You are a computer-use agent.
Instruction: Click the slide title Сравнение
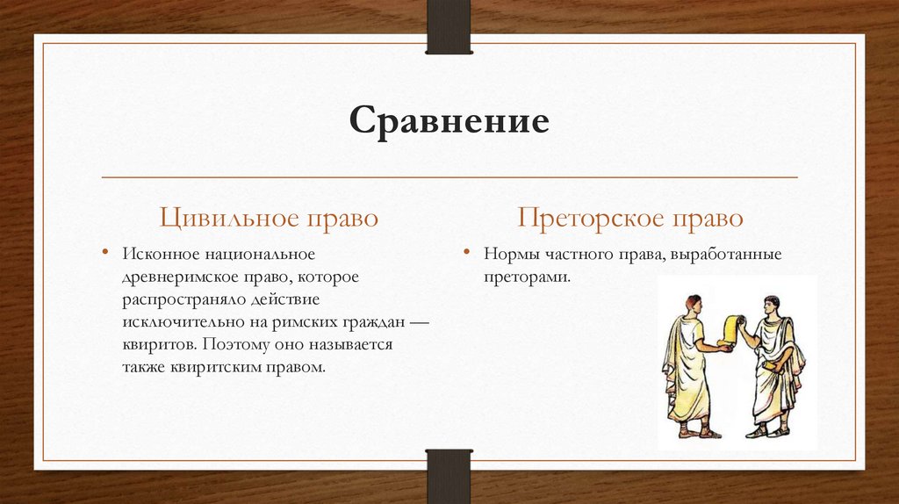[x=449, y=120]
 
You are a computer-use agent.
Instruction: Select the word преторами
[x=525, y=276]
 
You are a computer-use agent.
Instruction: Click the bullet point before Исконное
[x=108, y=253]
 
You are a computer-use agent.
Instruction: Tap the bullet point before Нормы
[x=467, y=253]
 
